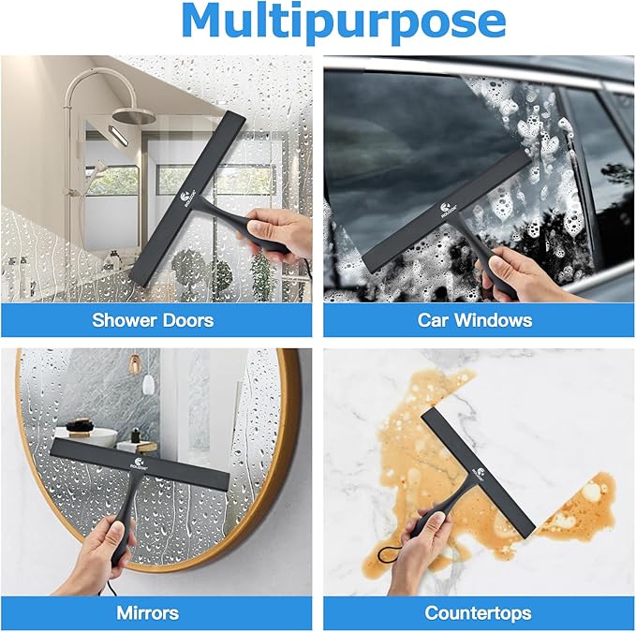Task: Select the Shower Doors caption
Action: (153, 320)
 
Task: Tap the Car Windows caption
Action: (475, 320)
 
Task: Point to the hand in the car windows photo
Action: (525, 272)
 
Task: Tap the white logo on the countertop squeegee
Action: (480, 473)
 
